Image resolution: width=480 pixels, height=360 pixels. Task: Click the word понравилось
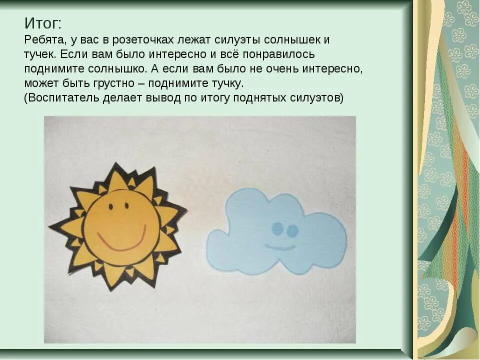click(x=272, y=54)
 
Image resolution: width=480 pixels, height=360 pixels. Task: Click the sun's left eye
click(x=111, y=205)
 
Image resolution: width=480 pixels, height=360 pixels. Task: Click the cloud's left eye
click(x=276, y=229)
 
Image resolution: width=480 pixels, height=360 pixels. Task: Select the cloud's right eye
click(x=292, y=230)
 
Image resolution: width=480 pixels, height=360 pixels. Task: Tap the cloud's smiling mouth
click(x=280, y=247)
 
